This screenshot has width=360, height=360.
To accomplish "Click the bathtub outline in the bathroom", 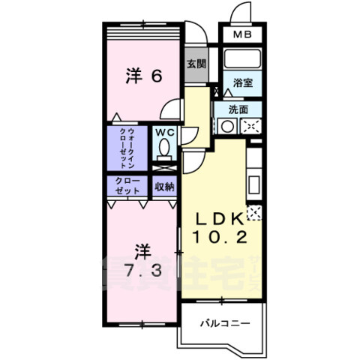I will coord(241,59).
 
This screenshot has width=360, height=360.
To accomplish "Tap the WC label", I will coord(164,132).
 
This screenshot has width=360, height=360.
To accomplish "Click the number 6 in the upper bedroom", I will coord(157,75).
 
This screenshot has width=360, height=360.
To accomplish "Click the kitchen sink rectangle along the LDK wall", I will coord(253,183).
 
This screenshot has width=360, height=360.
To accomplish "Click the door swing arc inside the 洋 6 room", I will coord(172,109).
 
